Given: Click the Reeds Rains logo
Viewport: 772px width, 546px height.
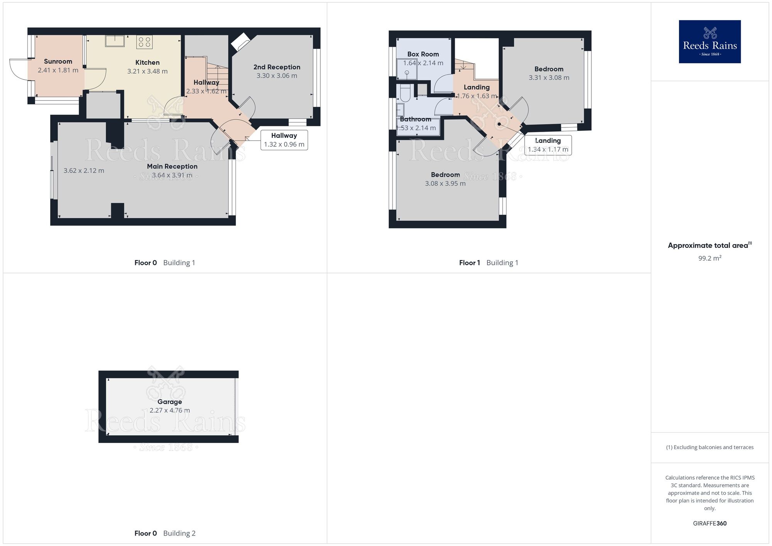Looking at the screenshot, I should (x=709, y=42).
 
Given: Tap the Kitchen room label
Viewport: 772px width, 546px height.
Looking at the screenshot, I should (x=147, y=63).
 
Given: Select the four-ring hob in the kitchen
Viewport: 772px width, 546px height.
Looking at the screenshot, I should (x=144, y=42).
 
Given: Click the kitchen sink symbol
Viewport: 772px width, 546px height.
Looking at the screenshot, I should (x=115, y=41).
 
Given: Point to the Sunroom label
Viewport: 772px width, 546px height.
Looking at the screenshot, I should (x=58, y=61).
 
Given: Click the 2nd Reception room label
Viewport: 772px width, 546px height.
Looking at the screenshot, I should (x=277, y=67).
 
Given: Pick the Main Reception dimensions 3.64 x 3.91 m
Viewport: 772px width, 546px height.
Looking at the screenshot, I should (x=172, y=175).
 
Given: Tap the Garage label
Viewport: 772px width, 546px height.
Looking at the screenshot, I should (x=169, y=402).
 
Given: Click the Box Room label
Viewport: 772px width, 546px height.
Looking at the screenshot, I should (x=423, y=54).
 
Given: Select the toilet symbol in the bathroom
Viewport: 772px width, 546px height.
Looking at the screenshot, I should (x=405, y=93).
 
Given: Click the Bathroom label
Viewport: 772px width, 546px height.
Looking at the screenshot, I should (x=415, y=119).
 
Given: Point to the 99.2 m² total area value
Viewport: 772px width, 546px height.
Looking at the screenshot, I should (x=709, y=258).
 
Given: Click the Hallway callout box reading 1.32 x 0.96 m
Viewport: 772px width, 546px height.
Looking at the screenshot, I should (x=284, y=140).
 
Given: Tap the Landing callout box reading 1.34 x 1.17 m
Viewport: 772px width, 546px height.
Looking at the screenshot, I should (x=548, y=145).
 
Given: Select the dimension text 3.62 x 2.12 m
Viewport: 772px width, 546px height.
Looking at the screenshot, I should (x=84, y=171).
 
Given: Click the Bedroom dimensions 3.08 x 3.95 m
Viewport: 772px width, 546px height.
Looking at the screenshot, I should (x=445, y=184).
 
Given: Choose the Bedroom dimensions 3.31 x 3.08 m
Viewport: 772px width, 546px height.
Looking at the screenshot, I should (x=549, y=78).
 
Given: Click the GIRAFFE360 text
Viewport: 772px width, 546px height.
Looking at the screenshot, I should (x=709, y=524).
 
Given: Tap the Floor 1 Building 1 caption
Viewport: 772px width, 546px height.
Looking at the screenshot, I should (x=488, y=263).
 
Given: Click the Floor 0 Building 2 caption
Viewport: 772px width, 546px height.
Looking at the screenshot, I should (x=165, y=533).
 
